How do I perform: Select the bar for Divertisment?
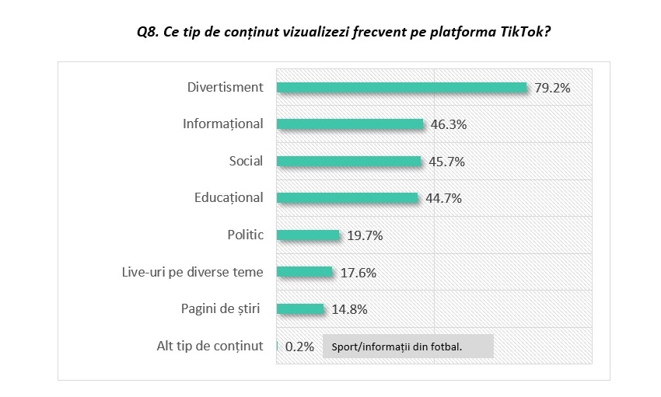point(402,88)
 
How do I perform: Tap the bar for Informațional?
point(350,124)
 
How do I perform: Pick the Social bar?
point(348,162)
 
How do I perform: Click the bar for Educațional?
point(347,198)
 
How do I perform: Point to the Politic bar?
point(308,235)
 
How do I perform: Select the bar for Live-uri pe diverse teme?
point(305,272)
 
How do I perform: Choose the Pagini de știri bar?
point(300,308)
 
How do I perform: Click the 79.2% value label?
point(552,88)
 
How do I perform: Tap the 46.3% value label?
point(448,124)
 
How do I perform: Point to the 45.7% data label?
point(446,162)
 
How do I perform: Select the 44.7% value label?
point(443,198)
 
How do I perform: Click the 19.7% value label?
point(365,235)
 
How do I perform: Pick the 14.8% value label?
point(349,308)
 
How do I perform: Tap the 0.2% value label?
point(299,347)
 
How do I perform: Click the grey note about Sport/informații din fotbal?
point(406,347)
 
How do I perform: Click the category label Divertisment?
point(226,87)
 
